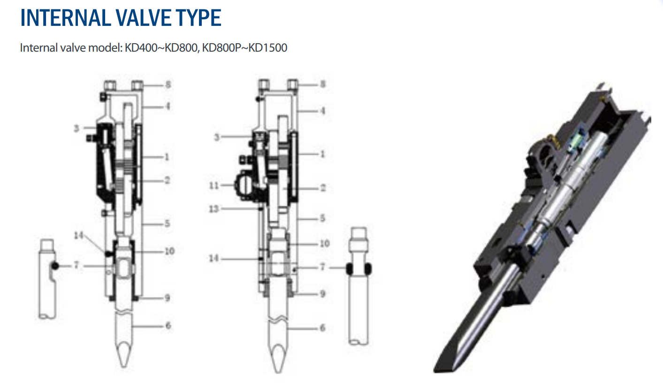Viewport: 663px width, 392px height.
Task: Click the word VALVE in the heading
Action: pyautogui.click(x=144, y=18)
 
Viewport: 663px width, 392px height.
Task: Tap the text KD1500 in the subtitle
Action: pyautogui.click(x=267, y=48)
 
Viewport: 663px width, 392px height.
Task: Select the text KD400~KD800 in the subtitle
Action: pyautogui.click(x=161, y=48)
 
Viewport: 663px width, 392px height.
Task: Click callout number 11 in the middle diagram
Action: pyautogui.click(x=213, y=185)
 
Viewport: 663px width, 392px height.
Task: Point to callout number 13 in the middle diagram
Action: pyautogui.click(x=213, y=209)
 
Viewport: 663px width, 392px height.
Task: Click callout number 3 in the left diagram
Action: pyautogui.click(x=76, y=129)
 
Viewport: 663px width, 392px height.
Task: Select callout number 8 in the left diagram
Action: pyautogui.click(x=168, y=85)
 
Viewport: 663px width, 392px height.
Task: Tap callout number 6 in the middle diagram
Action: pyautogui.click(x=323, y=328)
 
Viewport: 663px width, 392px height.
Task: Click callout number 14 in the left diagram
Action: pyautogui.click(x=79, y=235)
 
